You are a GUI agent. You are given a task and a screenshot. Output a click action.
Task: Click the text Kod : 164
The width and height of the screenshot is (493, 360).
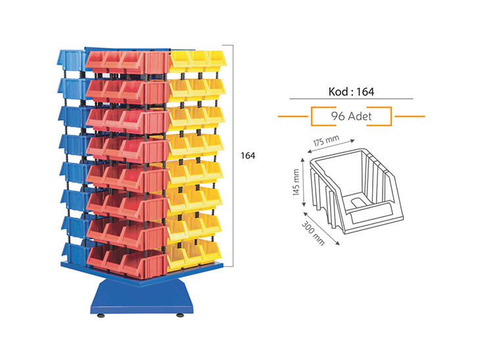point(351,91)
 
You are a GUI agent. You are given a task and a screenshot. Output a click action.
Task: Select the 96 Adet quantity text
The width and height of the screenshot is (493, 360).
point(351,117)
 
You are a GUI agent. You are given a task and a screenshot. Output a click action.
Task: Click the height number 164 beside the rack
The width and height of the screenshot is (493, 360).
point(246,156)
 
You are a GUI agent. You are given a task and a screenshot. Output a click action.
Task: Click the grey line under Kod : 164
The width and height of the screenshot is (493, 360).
point(351,99)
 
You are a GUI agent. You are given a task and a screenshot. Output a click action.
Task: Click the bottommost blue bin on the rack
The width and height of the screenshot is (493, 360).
point(72,253)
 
